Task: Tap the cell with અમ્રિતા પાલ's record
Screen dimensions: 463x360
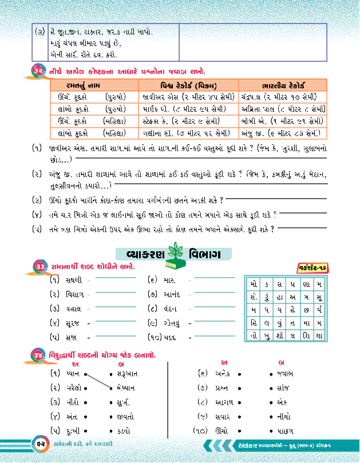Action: pos(283,109)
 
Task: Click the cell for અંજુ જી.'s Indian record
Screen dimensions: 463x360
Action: pos(283,134)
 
